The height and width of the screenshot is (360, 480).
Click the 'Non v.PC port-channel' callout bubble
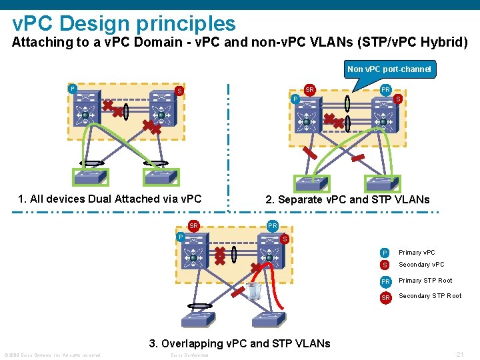point(389,69)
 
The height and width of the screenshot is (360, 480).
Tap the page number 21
point(459,355)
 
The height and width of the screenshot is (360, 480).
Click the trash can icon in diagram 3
point(254,291)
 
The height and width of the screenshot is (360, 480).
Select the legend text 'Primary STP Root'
point(425,281)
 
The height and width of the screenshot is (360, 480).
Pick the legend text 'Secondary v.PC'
point(421,265)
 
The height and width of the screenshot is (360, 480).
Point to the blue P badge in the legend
point(384,253)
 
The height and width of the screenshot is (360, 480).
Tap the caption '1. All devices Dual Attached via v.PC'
point(109,199)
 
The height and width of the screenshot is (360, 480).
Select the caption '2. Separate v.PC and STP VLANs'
point(347,199)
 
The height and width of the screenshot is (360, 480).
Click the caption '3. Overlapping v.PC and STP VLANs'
point(239,343)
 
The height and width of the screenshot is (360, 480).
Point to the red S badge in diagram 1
point(179,91)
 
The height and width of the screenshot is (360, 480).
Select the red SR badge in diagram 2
point(309,89)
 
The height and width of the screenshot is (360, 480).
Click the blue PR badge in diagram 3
point(273,226)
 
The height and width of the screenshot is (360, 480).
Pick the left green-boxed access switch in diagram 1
point(89,177)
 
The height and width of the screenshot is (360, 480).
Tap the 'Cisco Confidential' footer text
point(189,355)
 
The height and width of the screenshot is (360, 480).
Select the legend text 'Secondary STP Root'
point(430,296)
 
